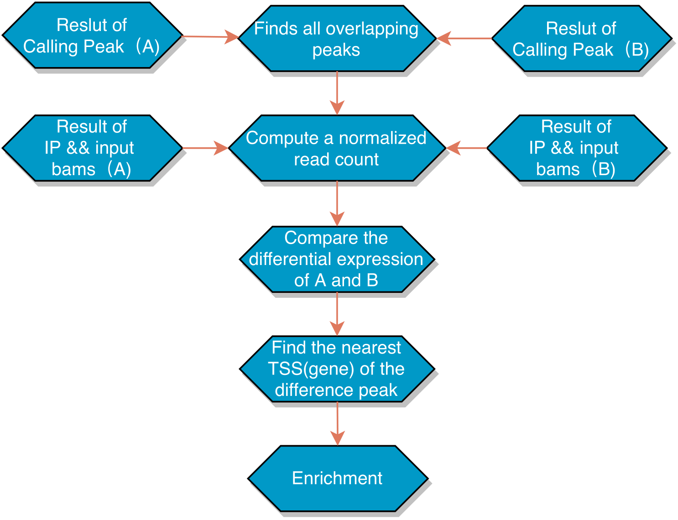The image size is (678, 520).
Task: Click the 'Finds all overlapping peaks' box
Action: point(337,39)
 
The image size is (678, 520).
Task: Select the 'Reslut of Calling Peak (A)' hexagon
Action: point(92,36)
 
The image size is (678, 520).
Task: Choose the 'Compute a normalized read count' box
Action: point(337,148)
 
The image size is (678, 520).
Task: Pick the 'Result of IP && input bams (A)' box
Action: point(92,148)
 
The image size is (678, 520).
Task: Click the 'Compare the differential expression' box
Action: point(337,259)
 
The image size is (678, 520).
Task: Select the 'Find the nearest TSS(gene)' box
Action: point(337,369)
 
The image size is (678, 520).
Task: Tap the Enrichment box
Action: point(338,478)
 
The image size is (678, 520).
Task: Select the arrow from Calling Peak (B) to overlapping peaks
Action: point(464,39)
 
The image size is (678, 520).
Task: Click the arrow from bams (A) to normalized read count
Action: point(205,148)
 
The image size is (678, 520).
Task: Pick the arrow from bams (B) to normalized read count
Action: point(466,148)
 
